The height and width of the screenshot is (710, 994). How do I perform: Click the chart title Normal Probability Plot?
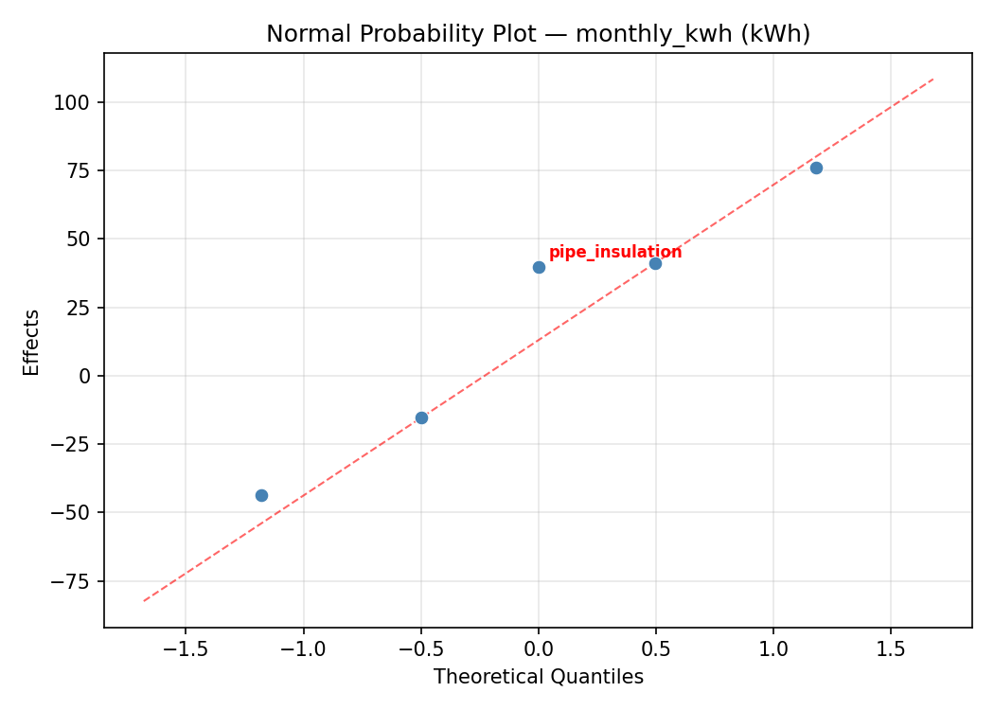pos(538,34)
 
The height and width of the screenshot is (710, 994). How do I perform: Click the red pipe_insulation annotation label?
pos(615,252)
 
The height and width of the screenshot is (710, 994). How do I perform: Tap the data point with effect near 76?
pos(816,168)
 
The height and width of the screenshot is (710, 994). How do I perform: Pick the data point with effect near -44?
pos(261,495)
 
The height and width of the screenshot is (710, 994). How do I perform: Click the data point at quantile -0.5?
pos(421,417)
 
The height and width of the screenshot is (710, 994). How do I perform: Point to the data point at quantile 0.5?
pos(655,263)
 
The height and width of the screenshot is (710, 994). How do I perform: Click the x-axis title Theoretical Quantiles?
pos(538,677)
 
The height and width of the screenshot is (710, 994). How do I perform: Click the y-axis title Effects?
pos(32,342)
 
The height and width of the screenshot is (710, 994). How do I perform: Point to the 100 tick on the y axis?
pos(78,102)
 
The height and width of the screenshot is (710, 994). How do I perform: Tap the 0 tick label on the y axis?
pos(86,376)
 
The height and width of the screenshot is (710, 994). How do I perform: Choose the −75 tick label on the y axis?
pos(74,581)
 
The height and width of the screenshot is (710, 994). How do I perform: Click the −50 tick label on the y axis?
pos(74,512)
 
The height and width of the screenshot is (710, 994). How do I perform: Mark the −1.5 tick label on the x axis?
pos(185,649)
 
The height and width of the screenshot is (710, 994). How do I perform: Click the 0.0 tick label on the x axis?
pos(538,649)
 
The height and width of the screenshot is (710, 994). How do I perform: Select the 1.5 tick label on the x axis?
pos(890,649)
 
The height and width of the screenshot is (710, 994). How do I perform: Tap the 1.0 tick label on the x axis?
pos(772,649)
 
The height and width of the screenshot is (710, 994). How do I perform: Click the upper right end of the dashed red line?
pos(933,79)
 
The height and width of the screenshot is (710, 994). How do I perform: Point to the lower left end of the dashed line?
pos(144,600)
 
